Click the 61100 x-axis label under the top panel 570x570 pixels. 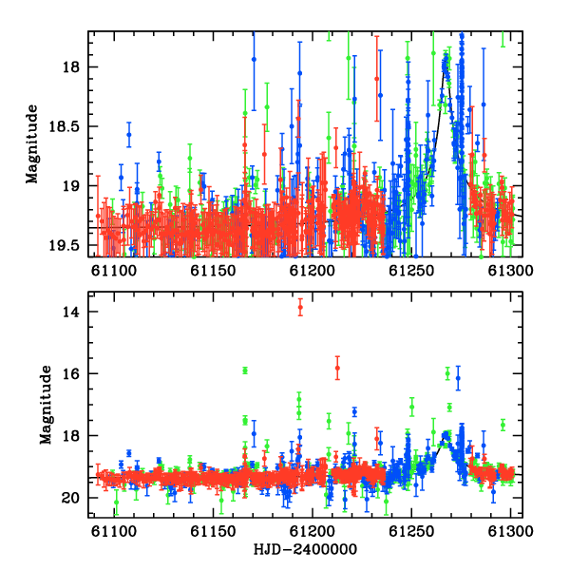(x=114, y=271)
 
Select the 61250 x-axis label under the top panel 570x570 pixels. (x=411, y=271)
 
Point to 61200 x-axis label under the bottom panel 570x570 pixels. (x=313, y=531)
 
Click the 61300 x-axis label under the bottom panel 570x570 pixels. (x=510, y=531)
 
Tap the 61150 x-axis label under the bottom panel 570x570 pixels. (x=213, y=531)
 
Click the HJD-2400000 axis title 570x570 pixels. (x=305, y=549)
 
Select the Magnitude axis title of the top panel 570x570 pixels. (x=32, y=144)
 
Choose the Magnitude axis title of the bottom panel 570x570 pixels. (x=46, y=405)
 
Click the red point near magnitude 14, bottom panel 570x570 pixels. (x=300, y=307)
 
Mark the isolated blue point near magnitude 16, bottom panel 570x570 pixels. (x=458, y=378)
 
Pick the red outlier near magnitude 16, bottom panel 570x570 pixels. (x=337, y=368)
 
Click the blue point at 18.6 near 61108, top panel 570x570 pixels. (x=128, y=135)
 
